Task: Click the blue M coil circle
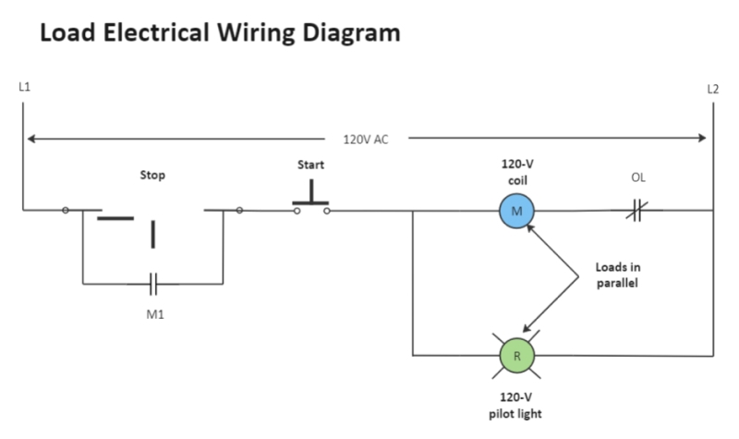[x=517, y=211]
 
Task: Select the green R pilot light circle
[x=517, y=355]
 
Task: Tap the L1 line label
[x=24, y=88]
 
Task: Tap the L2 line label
[x=712, y=90]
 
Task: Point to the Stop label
[x=152, y=175]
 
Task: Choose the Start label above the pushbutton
[x=310, y=165]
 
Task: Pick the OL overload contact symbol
[x=636, y=211]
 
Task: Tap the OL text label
[x=637, y=177]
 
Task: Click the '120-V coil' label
[x=517, y=172]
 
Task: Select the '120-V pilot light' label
[x=517, y=406]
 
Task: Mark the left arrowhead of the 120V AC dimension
[x=31, y=140]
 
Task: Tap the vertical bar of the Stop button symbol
[x=153, y=235]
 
